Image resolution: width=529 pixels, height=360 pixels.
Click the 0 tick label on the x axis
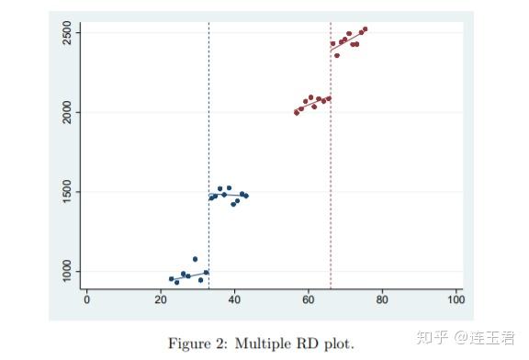[86, 299]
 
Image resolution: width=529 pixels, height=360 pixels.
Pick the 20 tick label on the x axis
[160, 299]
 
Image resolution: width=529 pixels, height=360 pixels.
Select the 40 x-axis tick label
[234, 299]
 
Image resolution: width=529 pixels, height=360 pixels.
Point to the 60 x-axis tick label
[309, 299]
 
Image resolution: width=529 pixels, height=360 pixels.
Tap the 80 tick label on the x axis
[382, 299]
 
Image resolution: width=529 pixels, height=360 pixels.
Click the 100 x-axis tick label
[456, 299]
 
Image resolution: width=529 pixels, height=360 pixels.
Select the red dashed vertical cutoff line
[331, 184]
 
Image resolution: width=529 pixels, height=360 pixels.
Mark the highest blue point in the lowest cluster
[195, 259]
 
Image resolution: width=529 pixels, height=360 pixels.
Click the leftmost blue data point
[171, 278]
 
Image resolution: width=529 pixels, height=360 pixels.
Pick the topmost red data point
[365, 29]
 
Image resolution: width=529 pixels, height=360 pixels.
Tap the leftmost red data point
[296, 112]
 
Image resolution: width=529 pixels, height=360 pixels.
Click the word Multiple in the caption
[264, 343]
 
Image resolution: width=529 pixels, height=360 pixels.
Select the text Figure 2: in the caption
[197, 343]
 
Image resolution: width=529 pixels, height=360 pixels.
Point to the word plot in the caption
[335, 343]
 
